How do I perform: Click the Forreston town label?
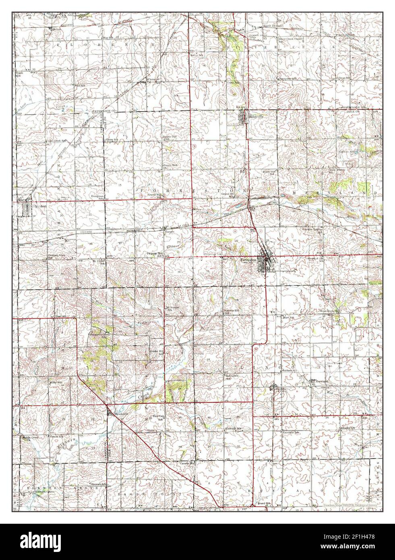tap(248, 260)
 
